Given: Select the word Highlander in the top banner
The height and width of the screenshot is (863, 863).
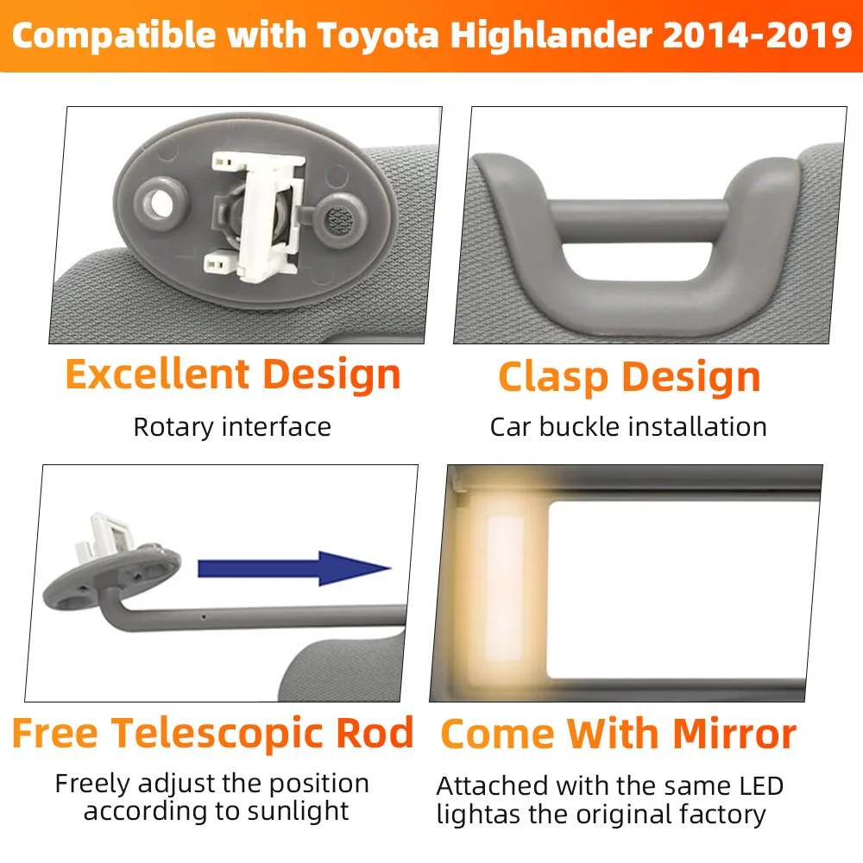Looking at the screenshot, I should point(540,36).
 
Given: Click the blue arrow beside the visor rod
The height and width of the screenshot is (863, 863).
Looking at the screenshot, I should point(293,569).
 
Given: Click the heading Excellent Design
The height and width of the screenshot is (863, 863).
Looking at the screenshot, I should point(233,375).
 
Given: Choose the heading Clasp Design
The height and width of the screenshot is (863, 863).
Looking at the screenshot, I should point(629,377).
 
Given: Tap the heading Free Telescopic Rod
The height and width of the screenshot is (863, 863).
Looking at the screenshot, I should point(213,733).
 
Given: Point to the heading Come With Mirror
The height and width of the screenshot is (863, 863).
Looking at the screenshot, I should point(618,734).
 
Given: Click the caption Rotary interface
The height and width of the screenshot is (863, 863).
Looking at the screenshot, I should point(232,426).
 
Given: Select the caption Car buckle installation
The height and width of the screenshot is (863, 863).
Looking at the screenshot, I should point(628,426).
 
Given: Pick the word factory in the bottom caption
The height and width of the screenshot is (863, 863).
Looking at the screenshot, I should point(716,814).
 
